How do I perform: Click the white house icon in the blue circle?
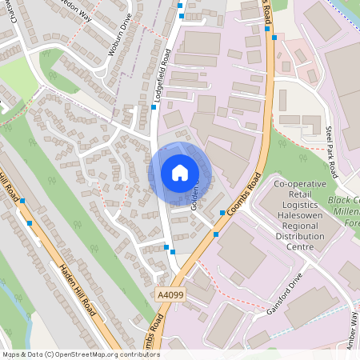[x=180, y=173]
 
